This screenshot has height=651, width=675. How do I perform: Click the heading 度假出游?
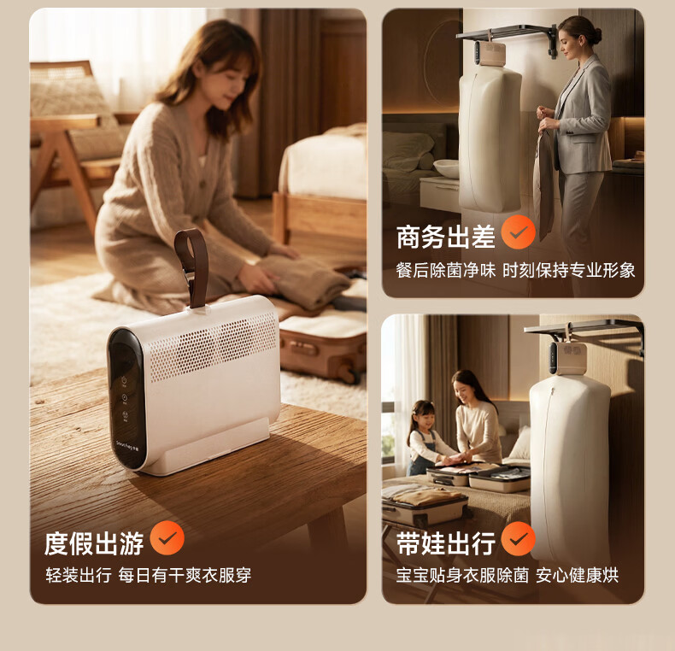[x=94, y=543]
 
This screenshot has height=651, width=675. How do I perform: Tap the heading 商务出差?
[x=445, y=237]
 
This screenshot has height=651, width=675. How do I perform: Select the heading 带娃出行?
[x=445, y=543]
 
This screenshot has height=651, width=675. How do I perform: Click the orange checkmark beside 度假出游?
[x=167, y=537]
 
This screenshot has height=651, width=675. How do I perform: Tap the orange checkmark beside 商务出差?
[x=519, y=232]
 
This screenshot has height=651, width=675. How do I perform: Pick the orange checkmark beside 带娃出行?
[x=519, y=538]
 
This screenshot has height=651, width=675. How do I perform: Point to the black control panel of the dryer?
[x=127, y=398]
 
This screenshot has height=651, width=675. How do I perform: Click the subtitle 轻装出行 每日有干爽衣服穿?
[x=149, y=575]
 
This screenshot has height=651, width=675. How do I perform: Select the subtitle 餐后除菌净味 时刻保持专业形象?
[x=516, y=270]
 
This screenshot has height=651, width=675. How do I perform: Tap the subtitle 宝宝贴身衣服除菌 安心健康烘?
[x=508, y=575]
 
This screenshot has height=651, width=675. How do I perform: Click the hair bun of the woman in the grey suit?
[x=596, y=34]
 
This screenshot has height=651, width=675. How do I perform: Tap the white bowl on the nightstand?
[x=446, y=168]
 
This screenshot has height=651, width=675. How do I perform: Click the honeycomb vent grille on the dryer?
[x=213, y=344]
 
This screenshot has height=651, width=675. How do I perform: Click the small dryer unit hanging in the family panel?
[x=568, y=357]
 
